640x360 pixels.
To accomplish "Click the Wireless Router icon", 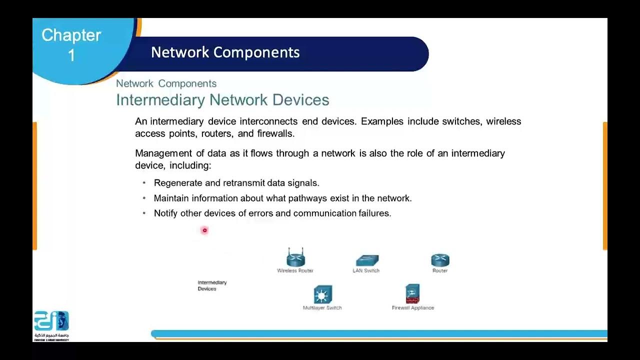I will pos(295,258).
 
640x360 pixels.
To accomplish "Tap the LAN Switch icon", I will pos(367,260).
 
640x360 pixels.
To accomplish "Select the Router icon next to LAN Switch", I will pos(440,260).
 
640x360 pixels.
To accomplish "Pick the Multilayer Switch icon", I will pos(322,295).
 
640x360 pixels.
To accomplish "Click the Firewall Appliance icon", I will pos(412,294).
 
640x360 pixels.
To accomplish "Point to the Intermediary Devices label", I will pos(212,285).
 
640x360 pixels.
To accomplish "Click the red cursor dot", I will pos(204,230).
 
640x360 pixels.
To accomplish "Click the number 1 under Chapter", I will pos(71,55).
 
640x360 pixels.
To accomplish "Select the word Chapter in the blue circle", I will pos(71,35).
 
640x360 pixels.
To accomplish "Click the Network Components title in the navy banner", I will pos(225,52).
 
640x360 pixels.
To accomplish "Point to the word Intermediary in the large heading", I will pos(161,100).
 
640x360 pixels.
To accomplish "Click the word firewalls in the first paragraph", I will pos(275,133).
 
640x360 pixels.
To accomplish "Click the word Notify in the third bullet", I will pos(165,213).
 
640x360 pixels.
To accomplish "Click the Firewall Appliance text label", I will pos(413,308).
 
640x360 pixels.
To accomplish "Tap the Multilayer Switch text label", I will pos(322,308).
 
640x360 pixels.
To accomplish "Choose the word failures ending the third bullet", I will pos(374,213).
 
